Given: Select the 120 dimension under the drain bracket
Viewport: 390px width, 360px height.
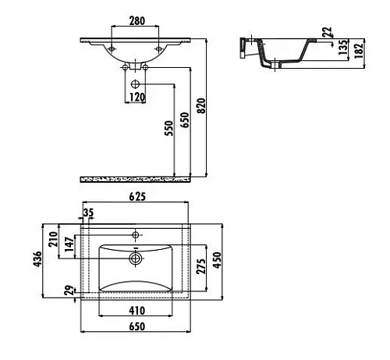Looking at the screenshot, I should [136, 98].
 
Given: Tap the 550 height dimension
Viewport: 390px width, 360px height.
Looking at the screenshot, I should [168, 129].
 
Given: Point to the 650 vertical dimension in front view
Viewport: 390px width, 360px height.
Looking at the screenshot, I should [185, 121].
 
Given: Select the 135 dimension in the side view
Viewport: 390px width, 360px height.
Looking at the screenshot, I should [343, 47].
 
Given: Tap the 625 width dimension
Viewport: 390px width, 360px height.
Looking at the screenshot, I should [137, 196].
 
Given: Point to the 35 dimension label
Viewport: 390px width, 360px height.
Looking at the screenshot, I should [87, 212].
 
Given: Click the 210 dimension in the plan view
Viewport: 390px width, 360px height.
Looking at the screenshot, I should [53, 239].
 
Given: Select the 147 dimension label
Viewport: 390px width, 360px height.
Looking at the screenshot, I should [69, 244].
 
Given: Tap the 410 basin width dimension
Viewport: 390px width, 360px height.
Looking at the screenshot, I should [137, 310].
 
